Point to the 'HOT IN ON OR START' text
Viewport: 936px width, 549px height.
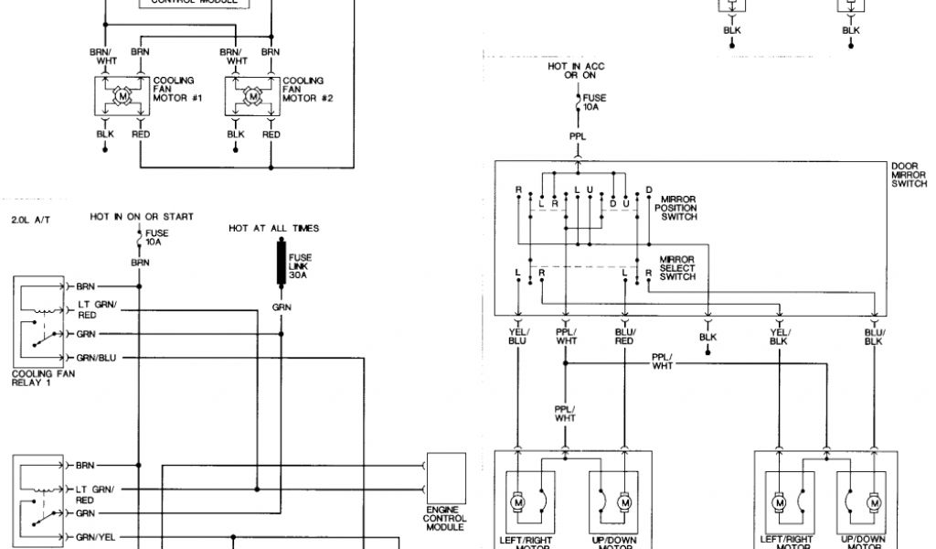click(142, 217)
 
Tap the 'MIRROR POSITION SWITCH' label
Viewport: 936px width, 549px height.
click(676, 208)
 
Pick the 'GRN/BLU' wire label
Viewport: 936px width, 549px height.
click(97, 356)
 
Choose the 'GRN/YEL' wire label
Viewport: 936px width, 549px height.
click(97, 537)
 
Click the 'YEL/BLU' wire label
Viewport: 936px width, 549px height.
click(518, 336)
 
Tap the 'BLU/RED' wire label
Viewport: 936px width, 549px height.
click(625, 336)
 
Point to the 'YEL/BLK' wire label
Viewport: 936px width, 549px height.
click(779, 336)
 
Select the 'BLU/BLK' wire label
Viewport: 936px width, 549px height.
click(875, 336)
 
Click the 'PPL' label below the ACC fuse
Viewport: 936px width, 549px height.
click(578, 136)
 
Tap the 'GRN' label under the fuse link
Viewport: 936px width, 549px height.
click(282, 307)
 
